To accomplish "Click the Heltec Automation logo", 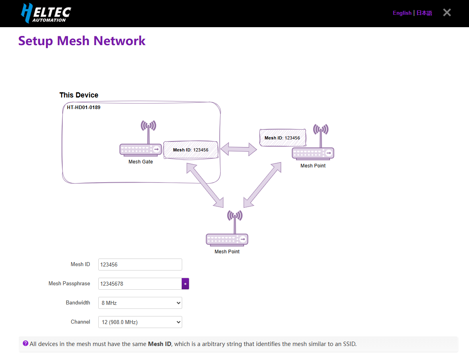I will [46, 13].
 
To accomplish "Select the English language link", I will [402, 13].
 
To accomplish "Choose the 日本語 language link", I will [424, 13].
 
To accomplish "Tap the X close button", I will [447, 13].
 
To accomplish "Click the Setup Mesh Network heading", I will [82, 41].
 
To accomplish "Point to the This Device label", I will [79, 95].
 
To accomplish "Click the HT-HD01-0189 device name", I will [83, 107].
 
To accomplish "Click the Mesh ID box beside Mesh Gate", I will [191, 150].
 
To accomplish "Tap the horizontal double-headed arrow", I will [239, 149].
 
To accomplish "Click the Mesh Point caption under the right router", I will [313, 166].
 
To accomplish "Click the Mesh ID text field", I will [140, 265].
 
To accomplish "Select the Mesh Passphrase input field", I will [140, 284].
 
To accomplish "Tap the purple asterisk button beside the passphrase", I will [185, 284].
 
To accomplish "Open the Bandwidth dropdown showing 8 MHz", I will [140, 303].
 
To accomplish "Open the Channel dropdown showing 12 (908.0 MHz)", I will [140, 322].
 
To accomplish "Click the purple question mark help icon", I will [26, 343].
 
